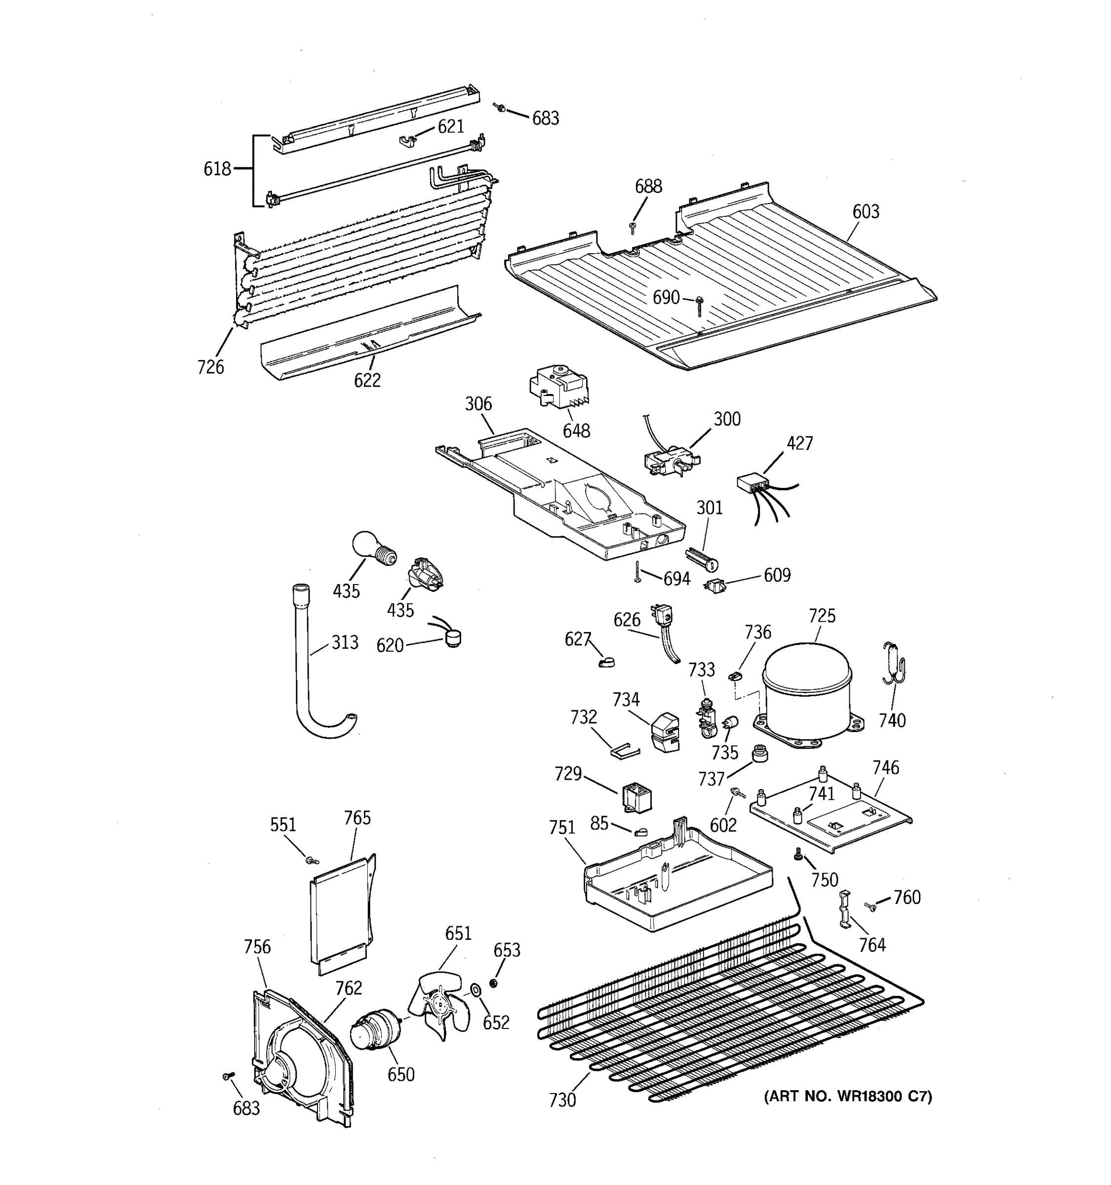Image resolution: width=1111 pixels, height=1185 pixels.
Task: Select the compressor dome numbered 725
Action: tap(808, 691)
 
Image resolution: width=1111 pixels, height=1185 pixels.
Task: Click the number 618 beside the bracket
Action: tap(217, 169)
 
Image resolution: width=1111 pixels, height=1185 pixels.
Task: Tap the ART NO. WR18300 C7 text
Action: tap(847, 1096)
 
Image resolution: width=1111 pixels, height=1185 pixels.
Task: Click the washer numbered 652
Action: tap(476, 990)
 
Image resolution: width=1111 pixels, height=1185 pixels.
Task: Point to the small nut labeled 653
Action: tap(493, 983)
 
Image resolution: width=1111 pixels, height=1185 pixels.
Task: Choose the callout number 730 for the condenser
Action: tap(562, 1100)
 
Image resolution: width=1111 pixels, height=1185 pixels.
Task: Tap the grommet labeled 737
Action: tap(759, 753)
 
